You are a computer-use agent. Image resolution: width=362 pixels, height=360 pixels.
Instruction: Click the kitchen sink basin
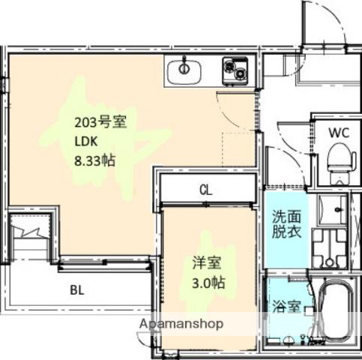184,73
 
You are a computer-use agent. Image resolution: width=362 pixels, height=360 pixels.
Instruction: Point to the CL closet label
205,190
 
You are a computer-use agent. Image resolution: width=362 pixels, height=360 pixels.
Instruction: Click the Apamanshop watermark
181,324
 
